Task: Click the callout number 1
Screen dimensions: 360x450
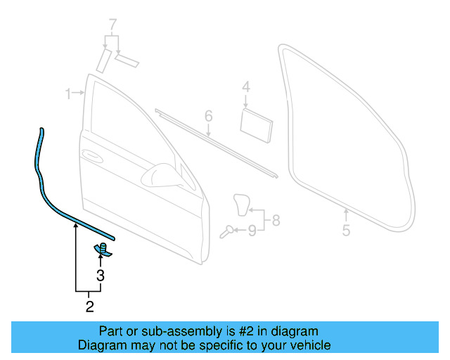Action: [x=69, y=94]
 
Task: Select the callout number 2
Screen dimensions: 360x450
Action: [x=89, y=306]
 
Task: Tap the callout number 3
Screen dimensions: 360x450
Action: [x=101, y=276]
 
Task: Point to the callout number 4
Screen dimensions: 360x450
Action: [x=246, y=87]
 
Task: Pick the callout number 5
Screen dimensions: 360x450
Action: [x=346, y=230]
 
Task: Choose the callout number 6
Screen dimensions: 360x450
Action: [x=209, y=115]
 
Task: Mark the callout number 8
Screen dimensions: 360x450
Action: [x=276, y=220]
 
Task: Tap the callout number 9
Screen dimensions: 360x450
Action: [x=252, y=229]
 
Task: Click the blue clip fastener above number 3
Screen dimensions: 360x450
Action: [x=102, y=248]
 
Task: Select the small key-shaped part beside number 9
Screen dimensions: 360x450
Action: [x=226, y=231]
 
